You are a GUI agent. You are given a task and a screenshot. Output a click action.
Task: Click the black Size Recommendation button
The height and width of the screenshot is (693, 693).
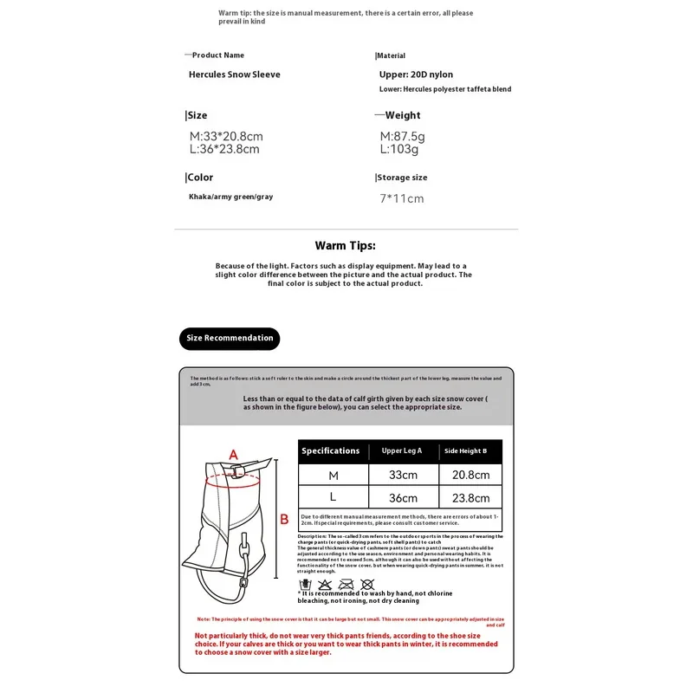coord(230,339)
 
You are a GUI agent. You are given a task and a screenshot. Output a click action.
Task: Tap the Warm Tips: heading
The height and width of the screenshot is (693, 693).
coord(346,246)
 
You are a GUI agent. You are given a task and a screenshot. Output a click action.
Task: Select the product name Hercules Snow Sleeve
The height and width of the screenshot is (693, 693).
coord(235,74)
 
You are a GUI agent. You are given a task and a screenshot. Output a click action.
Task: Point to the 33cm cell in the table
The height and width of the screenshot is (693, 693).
coord(403,475)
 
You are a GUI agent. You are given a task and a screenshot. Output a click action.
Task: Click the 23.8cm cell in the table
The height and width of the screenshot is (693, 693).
coord(470,498)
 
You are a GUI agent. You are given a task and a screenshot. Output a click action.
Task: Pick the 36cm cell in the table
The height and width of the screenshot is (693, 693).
coord(403,498)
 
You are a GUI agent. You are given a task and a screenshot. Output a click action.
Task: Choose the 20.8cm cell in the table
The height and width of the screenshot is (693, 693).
coord(470,475)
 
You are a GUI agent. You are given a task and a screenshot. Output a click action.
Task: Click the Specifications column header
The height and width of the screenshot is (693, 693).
coord(330,451)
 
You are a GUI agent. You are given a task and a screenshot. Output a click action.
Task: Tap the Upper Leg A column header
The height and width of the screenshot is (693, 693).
coord(402,451)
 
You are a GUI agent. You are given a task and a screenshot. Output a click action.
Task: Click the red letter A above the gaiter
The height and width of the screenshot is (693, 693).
coord(233,454)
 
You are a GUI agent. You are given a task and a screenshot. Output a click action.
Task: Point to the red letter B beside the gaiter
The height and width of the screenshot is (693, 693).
coord(283,520)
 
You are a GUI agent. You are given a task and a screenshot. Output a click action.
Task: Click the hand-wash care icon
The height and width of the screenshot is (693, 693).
coord(304,585)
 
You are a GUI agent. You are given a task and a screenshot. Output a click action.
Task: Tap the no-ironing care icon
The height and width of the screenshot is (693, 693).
coord(346,585)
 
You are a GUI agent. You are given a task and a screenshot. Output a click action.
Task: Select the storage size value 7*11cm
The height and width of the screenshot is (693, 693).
coord(403,198)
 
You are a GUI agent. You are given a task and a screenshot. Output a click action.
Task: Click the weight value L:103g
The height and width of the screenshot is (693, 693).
coord(399,149)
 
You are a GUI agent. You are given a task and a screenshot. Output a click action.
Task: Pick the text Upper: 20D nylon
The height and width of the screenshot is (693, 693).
coord(416,74)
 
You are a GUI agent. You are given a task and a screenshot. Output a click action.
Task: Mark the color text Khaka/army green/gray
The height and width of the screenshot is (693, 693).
coord(230,197)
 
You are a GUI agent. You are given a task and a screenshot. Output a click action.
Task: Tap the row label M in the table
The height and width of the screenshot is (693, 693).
coord(334,475)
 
